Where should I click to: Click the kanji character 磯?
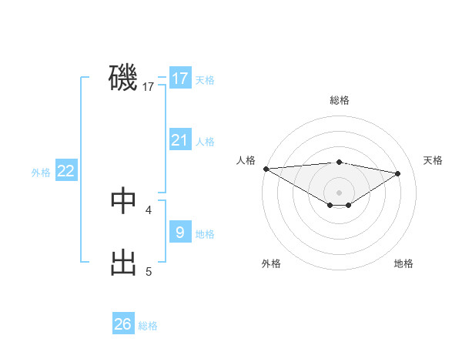tap(123, 78)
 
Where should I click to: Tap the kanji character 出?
tap(123, 263)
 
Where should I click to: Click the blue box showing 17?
tap(180, 79)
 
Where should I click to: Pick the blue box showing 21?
tap(180, 140)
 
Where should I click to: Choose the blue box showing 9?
tap(180, 232)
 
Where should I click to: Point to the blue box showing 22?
tap(66, 171)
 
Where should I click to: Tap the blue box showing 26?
tap(123, 324)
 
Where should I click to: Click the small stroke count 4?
tap(149, 209)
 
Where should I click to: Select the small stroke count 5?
tap(149, 271)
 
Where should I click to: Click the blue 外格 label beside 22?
tap(41, 173)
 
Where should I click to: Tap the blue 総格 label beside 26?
tap(148, 326)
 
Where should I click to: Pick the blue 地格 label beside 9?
tap(205, 234)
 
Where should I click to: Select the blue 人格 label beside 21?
tap(205, 142)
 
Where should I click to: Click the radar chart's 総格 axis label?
tap(339, 100)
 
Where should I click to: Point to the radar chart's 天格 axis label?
tap(434, 160)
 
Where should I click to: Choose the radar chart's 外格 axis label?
tap(271, 263)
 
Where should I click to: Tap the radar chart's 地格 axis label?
tap(403, 263)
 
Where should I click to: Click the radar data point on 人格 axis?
tap(266, 169)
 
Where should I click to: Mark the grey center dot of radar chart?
tap(339, 192)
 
